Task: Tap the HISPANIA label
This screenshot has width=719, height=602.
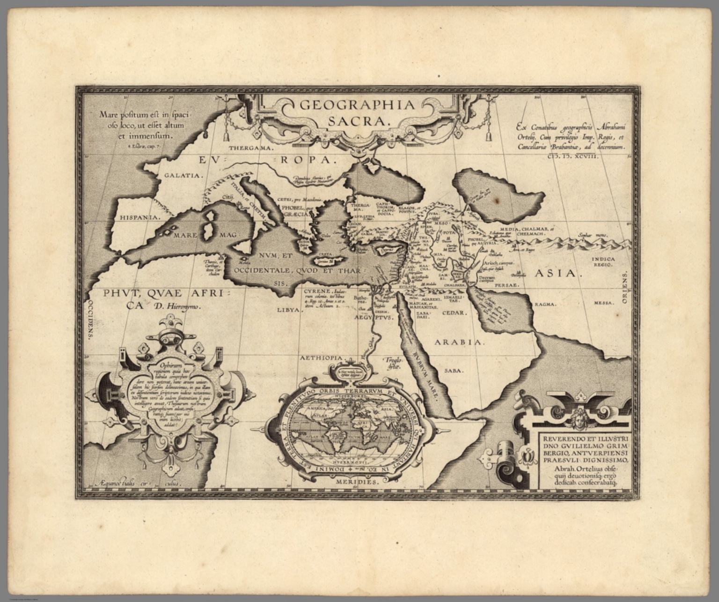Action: (140, 217)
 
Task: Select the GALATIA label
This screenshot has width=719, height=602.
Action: (183, 176)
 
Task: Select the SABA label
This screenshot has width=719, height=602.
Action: (454, 370)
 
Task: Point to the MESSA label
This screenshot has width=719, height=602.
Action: (604, 303)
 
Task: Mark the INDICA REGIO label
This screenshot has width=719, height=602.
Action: (602, 261)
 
